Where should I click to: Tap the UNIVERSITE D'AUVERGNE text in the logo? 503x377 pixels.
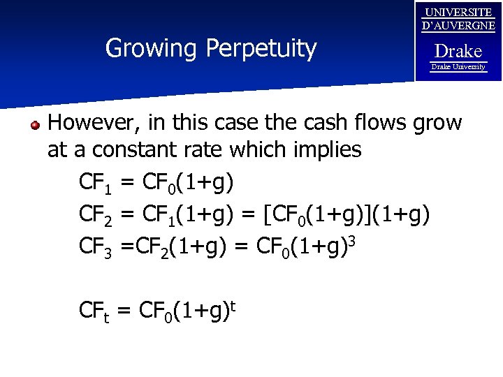pyautogui.click(x=458, y=19)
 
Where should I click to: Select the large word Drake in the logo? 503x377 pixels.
pyautogui.click(x=458, y=51)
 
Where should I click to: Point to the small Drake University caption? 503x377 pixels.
pyautogui.click(x=458, y=67)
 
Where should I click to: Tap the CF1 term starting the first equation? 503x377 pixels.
pyautogui.click(x=96, y=184)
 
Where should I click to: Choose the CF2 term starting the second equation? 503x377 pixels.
pyautogui.click(x=96, y=216)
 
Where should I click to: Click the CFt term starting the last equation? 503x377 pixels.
pyautogui.click(x=95, y=311)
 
